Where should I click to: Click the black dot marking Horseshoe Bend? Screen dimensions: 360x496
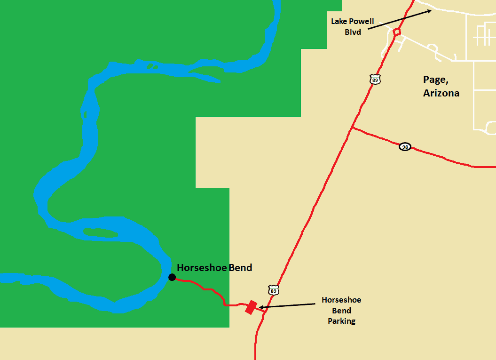(x=172, y=277)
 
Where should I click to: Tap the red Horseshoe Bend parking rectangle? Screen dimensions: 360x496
(x=251, y=307)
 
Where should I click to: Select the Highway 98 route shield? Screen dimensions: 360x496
(x=405, y=147)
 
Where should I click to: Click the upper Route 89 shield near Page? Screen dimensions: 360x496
(x=375, y=79)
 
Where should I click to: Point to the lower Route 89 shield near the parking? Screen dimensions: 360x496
(x=274, y=290)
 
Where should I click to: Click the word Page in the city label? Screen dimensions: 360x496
(x=433, y=80)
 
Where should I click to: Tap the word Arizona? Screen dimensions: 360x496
(x=441, y=93)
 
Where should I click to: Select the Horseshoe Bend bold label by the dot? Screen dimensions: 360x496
(x=214, y=268)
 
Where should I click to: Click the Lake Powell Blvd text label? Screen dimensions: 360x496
(x=353, y=26)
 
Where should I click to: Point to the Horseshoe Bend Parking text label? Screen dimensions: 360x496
(x=341, y=311)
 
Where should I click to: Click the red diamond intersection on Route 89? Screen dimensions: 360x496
(x=397, y=32)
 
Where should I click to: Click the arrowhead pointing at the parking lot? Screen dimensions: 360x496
(x=261, y=308)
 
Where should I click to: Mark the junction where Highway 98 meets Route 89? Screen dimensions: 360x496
(x=352, y=127)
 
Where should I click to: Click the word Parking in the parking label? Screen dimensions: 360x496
(x=342, y=321)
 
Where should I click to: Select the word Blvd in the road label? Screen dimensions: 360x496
(x=353, y=32)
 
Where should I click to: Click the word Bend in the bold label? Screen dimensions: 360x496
(x=240, y=268)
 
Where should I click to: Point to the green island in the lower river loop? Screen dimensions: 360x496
(x=100, y=232)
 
